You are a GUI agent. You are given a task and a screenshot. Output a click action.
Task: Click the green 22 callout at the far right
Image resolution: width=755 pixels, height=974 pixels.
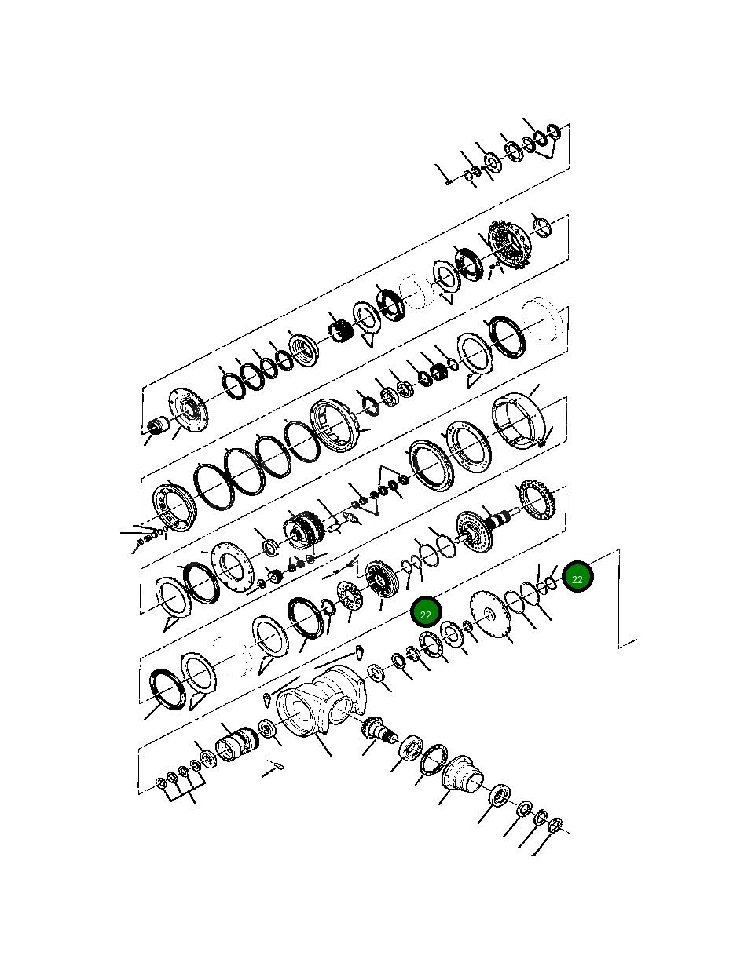point(577,578)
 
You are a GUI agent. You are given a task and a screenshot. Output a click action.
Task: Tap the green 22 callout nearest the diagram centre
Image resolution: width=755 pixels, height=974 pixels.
point(426,613)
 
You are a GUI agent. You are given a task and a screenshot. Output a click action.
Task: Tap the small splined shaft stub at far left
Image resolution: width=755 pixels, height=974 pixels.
point(159,426)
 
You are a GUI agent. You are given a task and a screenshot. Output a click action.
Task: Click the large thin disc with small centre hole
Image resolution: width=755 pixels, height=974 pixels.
point(491,612)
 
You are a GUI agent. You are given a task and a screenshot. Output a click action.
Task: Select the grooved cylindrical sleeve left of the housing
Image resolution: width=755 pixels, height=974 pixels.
point(236,742)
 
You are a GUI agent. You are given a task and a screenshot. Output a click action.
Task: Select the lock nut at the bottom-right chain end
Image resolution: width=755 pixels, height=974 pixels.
point(555,824)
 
